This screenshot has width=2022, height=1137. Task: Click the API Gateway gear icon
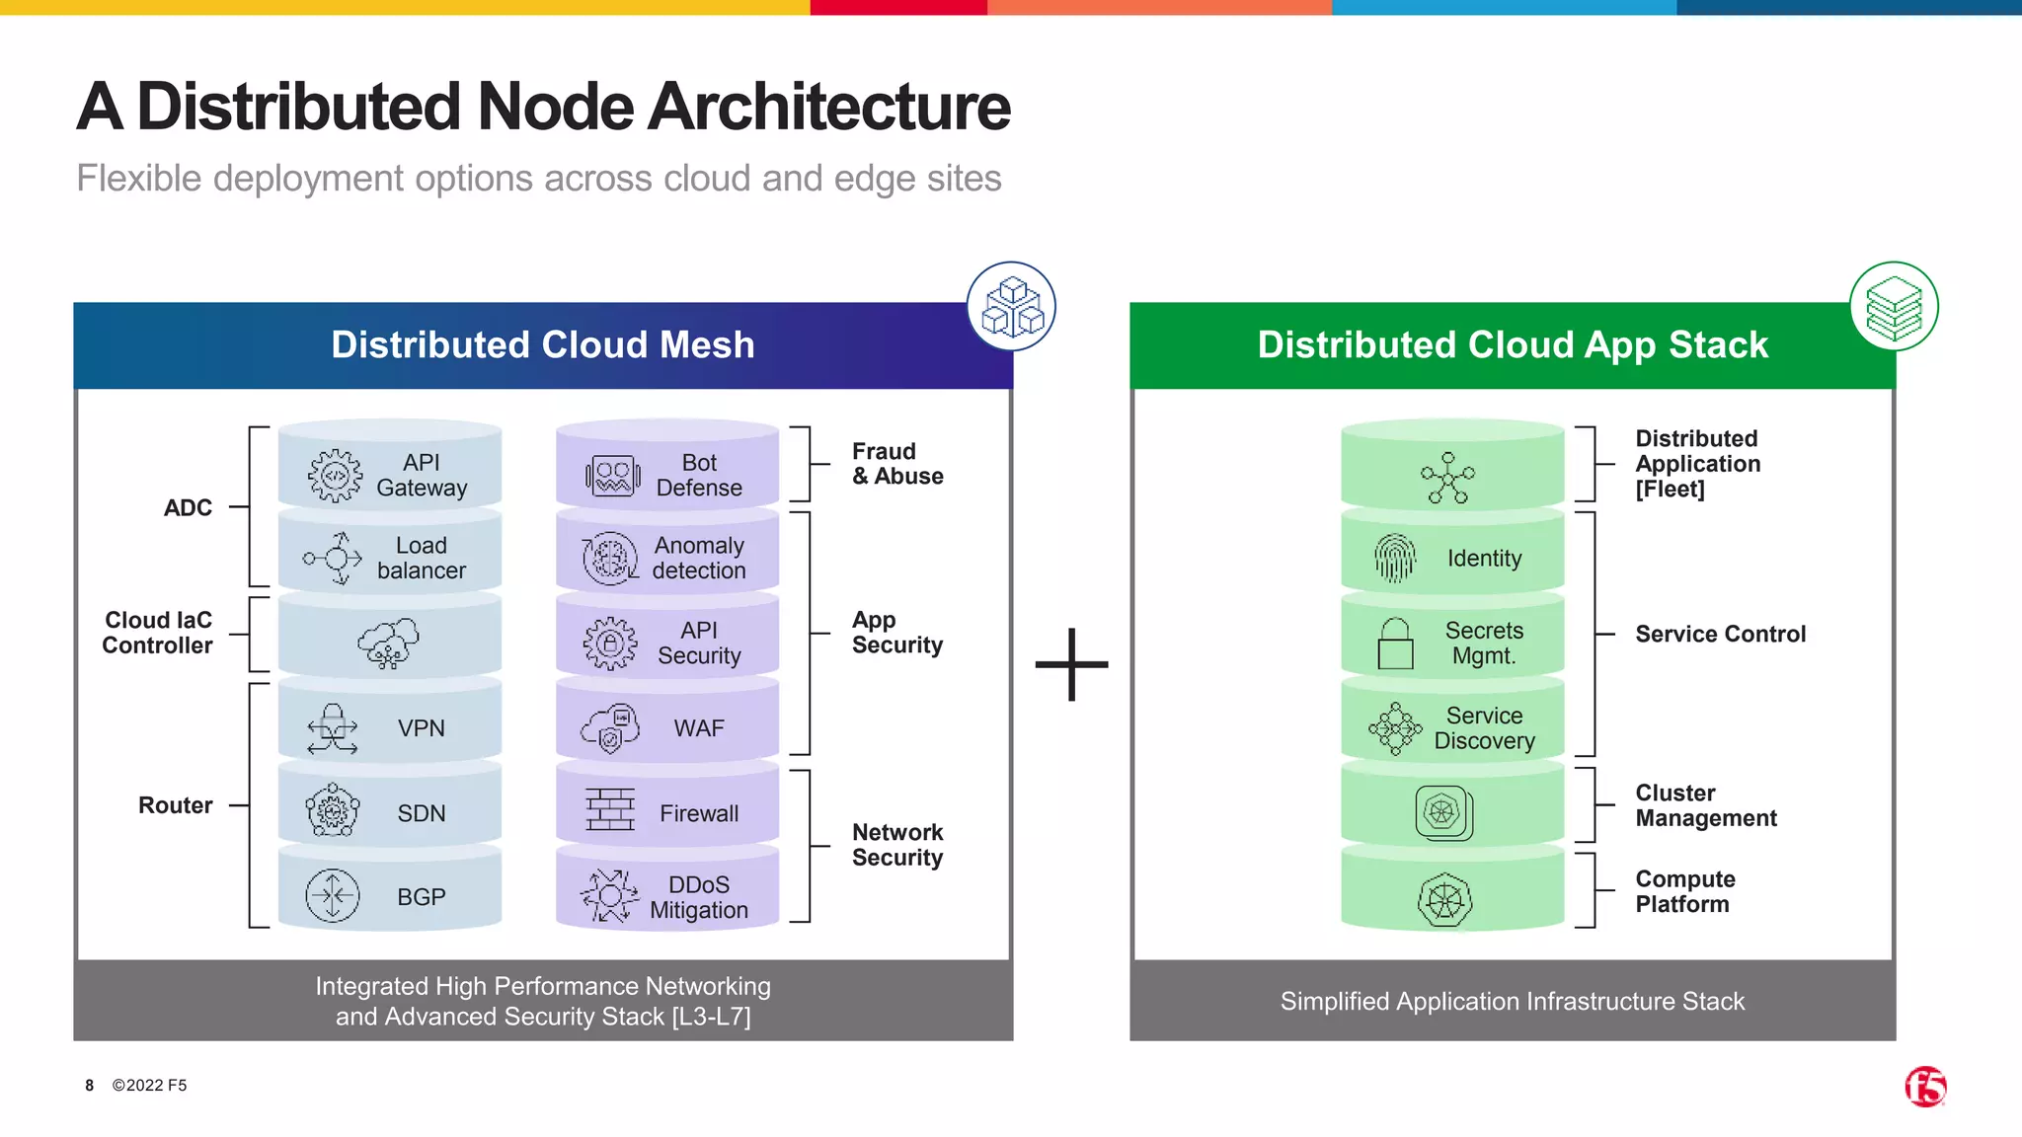click(335, 476)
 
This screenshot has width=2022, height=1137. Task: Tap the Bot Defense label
click(698, 476)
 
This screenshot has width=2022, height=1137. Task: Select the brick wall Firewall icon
click(610, 810)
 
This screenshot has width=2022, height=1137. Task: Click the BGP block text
click(421, 897)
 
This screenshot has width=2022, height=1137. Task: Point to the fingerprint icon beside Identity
click(1394, 559)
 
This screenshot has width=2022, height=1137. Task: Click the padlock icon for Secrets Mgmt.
click(1395, 644)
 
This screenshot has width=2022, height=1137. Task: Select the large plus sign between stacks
click(1071, 664)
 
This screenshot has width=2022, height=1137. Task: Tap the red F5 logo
click(1924, 1087)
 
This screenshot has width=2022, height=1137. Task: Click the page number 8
click(89, 1086)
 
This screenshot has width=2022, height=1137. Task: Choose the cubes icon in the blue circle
click(1011, 306)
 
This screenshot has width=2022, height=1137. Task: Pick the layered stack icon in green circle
click(1893, 306)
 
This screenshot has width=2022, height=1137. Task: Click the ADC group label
click(188, 508)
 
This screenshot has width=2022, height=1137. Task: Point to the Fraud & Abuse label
click(896, 464)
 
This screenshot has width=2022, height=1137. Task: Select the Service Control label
click(1720, 635)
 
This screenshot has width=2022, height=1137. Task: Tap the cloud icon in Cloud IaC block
click(388, 644)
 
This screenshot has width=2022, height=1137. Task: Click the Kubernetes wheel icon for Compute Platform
click(1444, 899)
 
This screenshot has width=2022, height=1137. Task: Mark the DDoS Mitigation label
click(698, 897)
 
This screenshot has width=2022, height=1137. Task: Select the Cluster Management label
click(1705, 805)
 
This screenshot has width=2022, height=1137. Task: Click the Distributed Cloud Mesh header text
click(542, 345)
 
